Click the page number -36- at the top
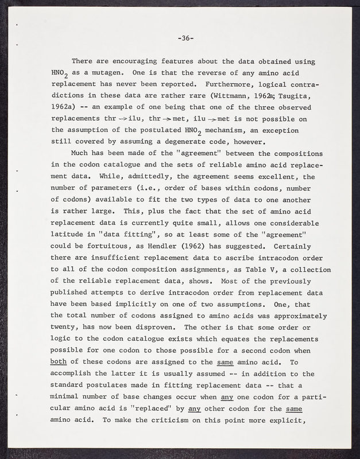coord(185,38)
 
